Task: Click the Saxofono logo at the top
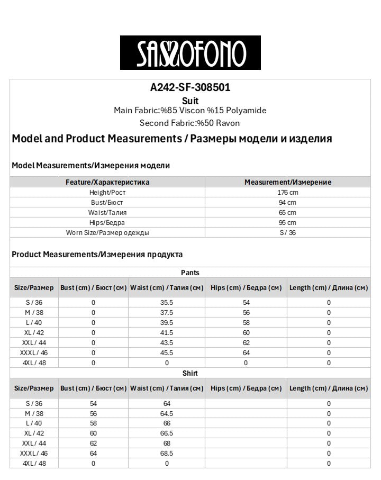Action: [190, 52]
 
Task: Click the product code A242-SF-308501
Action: [190, 88]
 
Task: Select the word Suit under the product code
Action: [190, 101]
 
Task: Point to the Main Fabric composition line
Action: [190, 111]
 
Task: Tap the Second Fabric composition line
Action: [190, 123]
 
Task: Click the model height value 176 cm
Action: [287, 193]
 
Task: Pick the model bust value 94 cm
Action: [287, 203]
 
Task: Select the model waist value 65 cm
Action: [287, 213]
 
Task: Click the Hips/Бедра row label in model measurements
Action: [107, 223]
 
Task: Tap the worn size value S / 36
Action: [287, 233]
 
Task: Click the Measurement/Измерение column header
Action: [287, 182]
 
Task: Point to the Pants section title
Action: [190, 273]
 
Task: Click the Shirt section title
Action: [190, 373]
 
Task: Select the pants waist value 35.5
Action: [167, 303]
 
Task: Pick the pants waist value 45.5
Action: [167, 353]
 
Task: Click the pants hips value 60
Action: [246, 333]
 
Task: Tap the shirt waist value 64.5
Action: [167, 413]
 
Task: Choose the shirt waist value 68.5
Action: [167, 454]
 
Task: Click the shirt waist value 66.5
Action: [167, 433]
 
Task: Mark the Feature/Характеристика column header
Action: [107, 182]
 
